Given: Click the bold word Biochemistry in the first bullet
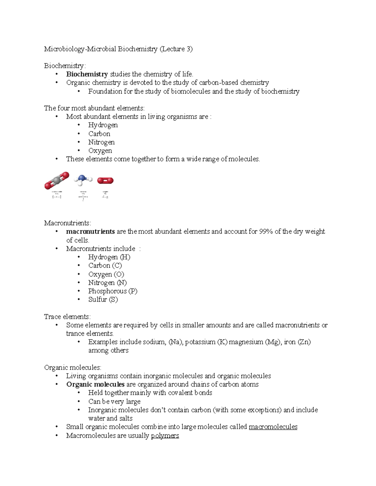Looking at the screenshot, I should [87, 74].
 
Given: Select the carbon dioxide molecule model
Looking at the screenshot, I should [57, 181].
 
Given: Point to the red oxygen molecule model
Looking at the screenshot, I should [105, 181].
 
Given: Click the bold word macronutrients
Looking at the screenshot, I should [90, 232].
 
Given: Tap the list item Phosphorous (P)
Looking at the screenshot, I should [112, 291].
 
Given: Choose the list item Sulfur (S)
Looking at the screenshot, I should [103, 299].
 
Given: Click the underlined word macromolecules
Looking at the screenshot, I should [273, 427].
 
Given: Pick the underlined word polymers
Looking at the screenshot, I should [165, 436].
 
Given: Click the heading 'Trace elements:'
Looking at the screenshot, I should [67, 317].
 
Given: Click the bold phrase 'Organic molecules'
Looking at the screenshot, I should [95, 384].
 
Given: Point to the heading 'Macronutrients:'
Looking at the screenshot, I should [67, 223].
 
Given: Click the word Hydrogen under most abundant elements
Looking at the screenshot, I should [103, 125].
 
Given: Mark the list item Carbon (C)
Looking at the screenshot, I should [105, 266].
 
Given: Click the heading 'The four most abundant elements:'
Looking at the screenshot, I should [94, 108].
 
